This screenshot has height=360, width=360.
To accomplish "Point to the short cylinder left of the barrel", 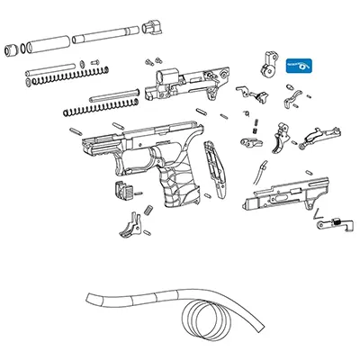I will (x=47, y=42).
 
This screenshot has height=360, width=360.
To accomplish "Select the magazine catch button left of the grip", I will (x=123, y=191).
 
